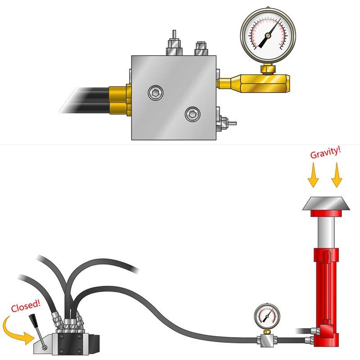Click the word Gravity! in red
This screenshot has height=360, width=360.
[325, 153]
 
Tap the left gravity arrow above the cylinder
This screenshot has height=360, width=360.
[313, 175]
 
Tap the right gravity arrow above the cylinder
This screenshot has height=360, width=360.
[337, 175]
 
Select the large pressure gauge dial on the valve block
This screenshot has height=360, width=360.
[268, 36]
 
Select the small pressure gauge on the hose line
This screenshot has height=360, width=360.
[267, 317]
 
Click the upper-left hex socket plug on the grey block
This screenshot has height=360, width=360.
[155, 93]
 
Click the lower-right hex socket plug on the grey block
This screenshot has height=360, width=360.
[193, 114]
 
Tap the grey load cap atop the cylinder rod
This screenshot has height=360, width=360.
[326, 203]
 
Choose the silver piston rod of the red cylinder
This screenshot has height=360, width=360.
[326, 232]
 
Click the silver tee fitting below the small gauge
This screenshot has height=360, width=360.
[267, 340]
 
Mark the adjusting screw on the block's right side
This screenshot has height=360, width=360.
[226, 123]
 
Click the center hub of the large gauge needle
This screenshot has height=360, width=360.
[268, 36]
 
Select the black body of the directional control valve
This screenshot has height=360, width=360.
[70, 343]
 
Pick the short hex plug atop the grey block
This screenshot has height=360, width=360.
[201, 49]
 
